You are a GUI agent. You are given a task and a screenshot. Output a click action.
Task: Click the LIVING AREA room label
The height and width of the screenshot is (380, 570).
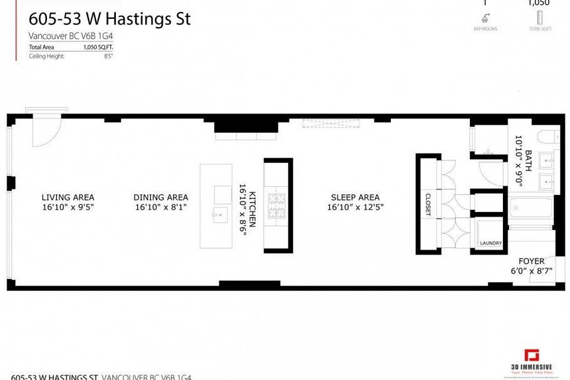[68, 197]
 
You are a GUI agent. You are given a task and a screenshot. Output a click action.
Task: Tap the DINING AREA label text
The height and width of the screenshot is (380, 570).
[160, 197]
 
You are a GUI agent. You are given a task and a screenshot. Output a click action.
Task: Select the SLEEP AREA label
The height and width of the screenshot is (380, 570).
[355, 197]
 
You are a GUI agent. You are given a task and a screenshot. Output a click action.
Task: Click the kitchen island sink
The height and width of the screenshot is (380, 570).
[220, 214]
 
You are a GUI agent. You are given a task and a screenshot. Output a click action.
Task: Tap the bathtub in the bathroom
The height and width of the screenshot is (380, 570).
[531, 208]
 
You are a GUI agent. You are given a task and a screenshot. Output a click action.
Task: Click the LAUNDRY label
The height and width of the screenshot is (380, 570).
[491, 243]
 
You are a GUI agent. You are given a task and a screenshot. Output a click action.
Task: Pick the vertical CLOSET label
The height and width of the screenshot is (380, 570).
[428, 204]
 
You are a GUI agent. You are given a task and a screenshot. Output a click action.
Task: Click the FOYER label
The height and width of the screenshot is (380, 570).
[531, 261]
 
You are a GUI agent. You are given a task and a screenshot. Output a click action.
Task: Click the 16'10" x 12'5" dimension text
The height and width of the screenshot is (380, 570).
[355, 206]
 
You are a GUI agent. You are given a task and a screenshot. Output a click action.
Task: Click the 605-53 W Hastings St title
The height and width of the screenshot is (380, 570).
[110, 19]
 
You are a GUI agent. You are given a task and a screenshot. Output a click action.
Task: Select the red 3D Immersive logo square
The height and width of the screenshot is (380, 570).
[532, 355]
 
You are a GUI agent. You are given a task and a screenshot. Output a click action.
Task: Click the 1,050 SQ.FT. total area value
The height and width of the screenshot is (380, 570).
[95, 47]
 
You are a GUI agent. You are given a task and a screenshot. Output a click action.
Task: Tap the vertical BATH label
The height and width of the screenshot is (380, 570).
[528, 161]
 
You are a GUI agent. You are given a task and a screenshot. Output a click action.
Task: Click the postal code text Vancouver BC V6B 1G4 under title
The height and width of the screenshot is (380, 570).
[71, 36]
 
